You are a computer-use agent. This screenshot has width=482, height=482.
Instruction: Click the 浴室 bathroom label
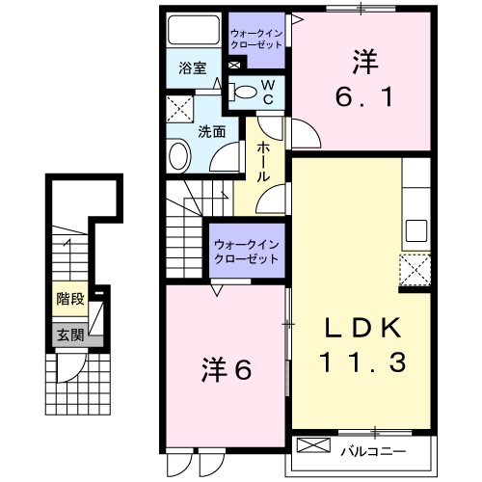pyautogui.click(x=193, y=67)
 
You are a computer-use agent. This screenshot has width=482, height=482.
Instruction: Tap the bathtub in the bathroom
pyautogui.click(x=193, y=33)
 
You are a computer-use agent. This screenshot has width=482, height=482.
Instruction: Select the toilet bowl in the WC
pyautogui.click(x=248, y=93)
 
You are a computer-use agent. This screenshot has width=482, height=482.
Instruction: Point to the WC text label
pyautogui.click(x=269, y=92)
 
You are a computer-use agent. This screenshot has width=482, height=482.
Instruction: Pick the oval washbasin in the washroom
pyautogui.click(x=179, y=156)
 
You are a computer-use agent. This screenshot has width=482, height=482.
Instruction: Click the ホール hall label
pyautogui.click(x=263, y=163)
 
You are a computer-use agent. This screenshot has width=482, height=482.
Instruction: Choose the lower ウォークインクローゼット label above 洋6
pyautogui.click(x=247, y=252)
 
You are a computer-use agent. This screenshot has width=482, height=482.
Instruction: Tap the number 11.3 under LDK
pyautogui.click(x=360, y=363)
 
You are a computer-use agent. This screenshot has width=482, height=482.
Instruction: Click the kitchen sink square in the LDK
pyautogui.click(x=416, y=230)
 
